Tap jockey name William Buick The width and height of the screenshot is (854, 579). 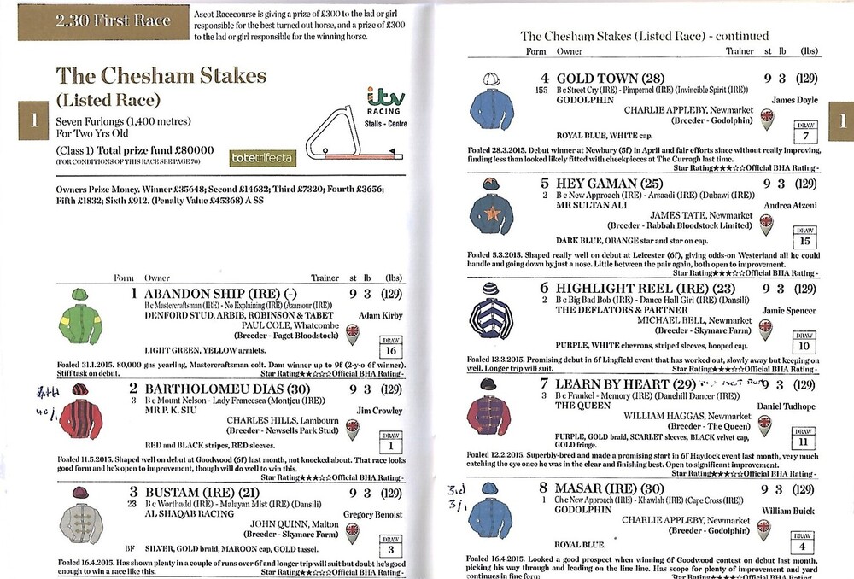[791, 511]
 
